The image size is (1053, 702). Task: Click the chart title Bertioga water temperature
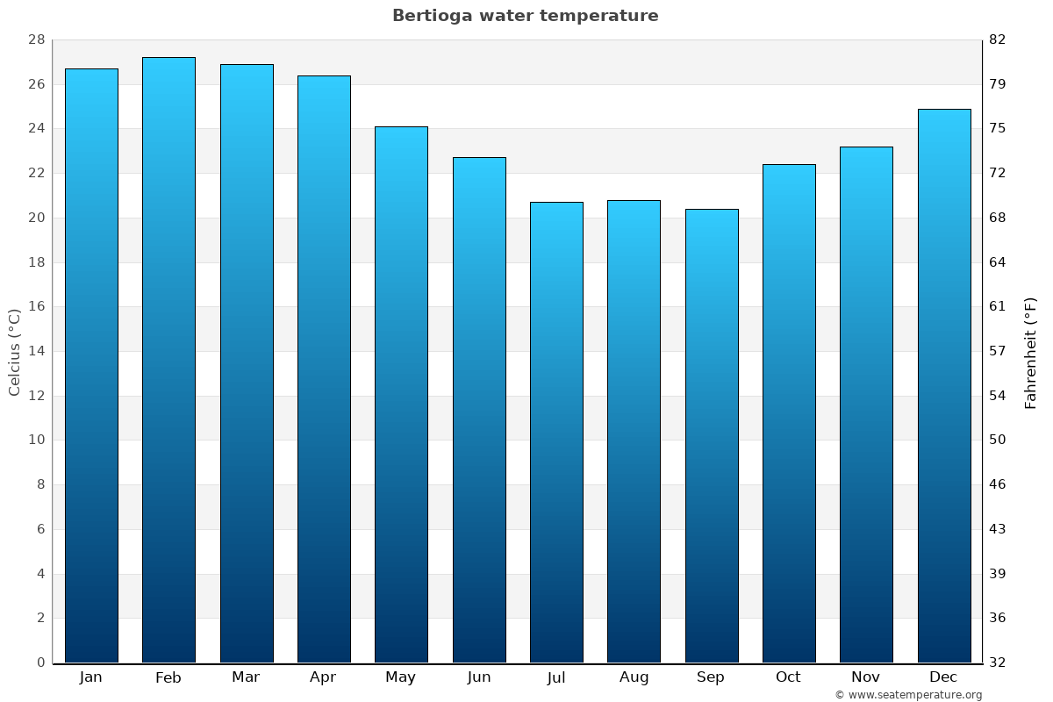click(525, 16)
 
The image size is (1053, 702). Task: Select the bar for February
click(168, 360)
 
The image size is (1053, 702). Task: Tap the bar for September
click(712, 436)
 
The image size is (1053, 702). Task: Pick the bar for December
click(944, 386)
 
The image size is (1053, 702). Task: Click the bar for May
click(401, 395)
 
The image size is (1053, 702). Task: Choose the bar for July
click(556, 433)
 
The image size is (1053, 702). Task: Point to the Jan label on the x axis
click(90, 677)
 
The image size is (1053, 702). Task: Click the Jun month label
click(479, 677)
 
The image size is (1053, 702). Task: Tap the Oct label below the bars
click(788, 677)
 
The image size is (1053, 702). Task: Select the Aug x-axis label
click(634, 677)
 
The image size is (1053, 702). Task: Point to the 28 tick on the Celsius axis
click(36, 40)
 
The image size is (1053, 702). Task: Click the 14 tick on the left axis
click(36, 351)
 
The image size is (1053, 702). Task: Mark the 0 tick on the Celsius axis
click(40, 663)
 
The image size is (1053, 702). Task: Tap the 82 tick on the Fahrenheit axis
click(997, 40)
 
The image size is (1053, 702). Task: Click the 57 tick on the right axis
click(997, 351)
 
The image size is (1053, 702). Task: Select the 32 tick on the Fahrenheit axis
click(997, 663)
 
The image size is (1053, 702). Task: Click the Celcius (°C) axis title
click(15, 351)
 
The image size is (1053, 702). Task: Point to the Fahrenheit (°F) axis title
click(1030, 352)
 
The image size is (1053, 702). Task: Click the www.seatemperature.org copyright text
click(908, 695)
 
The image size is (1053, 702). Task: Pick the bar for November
click(866, 405)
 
